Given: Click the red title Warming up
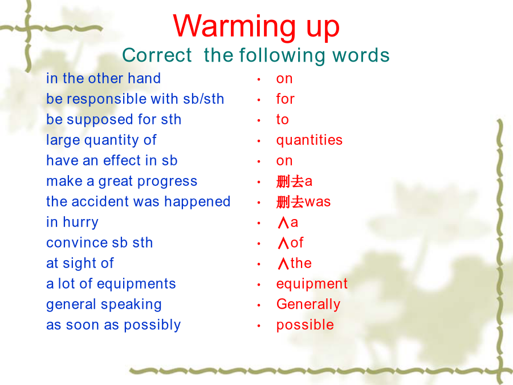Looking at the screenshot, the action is tap(256, 27).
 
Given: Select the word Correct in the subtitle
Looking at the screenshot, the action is tap(157, 55).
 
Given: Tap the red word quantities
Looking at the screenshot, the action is tap(309, 141).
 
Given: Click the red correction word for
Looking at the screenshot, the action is tap(286, 99).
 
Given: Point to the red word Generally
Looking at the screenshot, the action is tap(308, 305).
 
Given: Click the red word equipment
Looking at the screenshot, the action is tap(312, 284).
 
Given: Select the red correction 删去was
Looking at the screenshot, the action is tap(303, 202).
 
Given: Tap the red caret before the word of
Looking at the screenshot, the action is tap(283, 243).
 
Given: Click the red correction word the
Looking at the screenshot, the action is tap(301, 263).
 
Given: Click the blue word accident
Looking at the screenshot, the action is tap(100, 201).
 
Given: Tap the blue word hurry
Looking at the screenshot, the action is tap(80, 222).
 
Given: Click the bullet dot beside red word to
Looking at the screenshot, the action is tap(259, 120).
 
